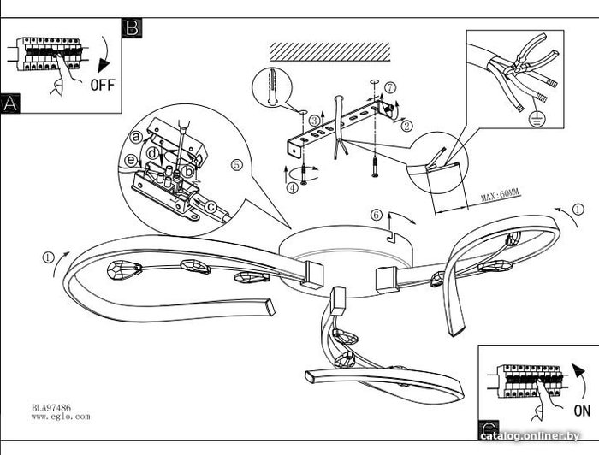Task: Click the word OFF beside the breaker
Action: (x=103, y=85)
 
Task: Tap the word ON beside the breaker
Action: (x=582, y=411)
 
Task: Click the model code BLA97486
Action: (x=50, y=409)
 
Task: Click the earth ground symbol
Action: (x=536, y=119)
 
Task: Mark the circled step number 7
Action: (x=390, y=87)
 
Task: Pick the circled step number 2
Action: (x=407, y=125)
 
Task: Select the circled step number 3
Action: (x=315, y=121)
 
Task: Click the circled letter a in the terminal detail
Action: (x=136, y=137)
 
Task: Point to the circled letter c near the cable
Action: (x=211, y=204)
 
